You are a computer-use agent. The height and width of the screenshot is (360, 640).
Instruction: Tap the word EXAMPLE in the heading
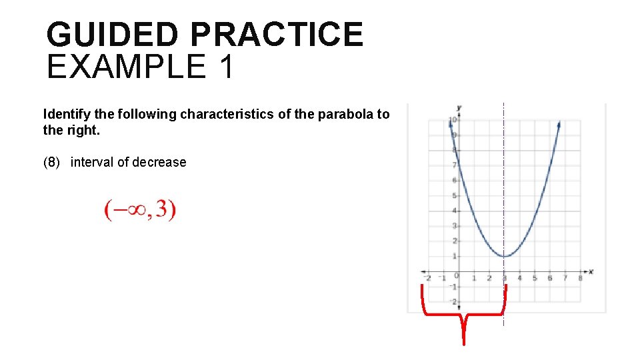(127, 67)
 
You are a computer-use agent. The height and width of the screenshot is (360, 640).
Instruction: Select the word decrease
(159, 162)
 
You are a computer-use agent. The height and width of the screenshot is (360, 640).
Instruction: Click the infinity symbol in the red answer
(127, 211)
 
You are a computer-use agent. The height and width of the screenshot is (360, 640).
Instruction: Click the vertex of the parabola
(505, 256)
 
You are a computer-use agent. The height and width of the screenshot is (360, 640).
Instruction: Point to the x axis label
(591, 271)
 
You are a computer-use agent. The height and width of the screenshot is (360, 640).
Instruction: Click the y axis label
(459, 107)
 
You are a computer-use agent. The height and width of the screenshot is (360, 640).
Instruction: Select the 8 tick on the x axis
(580, 278)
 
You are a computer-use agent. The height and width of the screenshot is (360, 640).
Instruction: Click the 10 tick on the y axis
(452, 120)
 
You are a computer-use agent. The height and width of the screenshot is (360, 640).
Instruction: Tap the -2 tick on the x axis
(427, 278)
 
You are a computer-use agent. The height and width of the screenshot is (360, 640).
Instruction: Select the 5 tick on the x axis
(535, 278)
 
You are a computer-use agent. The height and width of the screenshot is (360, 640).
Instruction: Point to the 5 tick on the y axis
(454, 196)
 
